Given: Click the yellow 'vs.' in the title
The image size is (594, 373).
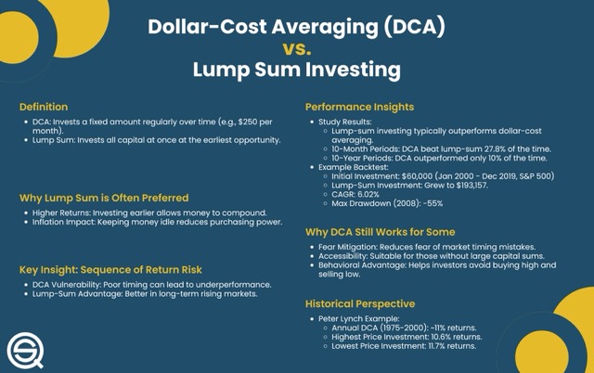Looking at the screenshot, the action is pos(297,48).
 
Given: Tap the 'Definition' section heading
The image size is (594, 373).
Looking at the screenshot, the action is pos(44,107).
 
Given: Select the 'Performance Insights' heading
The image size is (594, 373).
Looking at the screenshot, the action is pos(359,107).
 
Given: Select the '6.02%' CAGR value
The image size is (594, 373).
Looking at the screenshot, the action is pos(368,194).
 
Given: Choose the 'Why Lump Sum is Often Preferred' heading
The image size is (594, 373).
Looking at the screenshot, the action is pos(104,198).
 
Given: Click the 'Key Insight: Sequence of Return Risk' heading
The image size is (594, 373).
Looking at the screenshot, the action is pos(110,270).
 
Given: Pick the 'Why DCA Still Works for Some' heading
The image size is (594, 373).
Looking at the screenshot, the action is pos(381,232).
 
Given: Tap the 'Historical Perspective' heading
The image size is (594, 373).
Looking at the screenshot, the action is pos(360,303).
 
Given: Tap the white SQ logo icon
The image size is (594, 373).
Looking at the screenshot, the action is pos(25,351).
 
